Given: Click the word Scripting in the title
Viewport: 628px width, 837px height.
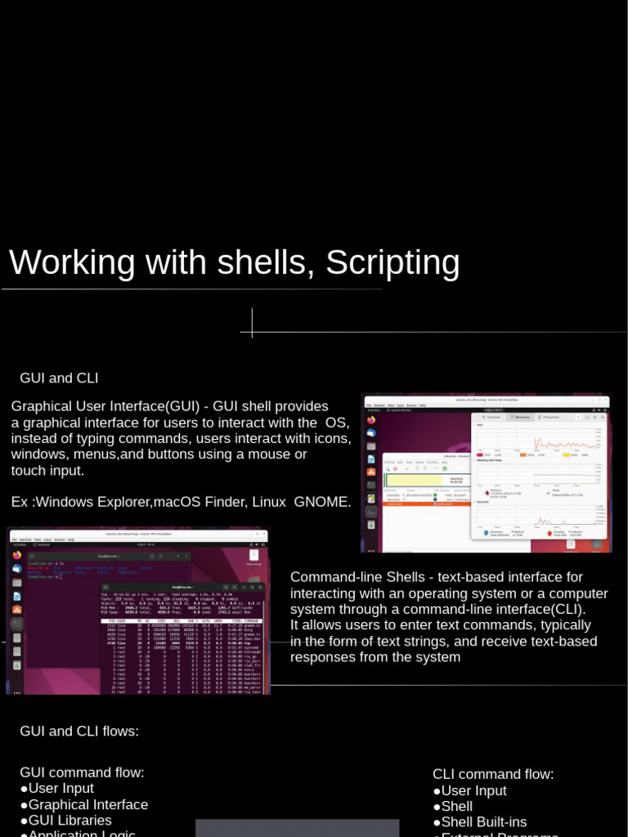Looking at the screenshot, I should point(392,263).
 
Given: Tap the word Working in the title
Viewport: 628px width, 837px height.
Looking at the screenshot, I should point(71,263).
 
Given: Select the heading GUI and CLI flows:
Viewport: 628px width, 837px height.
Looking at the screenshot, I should point(79,731).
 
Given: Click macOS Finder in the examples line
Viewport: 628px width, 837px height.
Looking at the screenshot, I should point(195,502).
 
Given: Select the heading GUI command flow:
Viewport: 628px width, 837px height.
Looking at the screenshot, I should point(82,772).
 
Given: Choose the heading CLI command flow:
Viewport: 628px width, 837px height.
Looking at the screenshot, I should point(493,774).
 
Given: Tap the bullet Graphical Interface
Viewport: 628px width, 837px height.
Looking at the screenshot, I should point(87,804).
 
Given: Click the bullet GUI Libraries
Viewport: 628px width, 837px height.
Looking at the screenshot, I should point(70,820).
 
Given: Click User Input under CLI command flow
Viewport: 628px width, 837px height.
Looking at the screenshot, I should point(473,790).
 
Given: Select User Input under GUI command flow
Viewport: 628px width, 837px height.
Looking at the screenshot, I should point(61,788).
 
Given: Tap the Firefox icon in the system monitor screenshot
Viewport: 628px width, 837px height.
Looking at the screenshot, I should point(370,419).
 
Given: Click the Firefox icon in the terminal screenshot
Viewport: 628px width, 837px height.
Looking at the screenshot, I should point(16,555).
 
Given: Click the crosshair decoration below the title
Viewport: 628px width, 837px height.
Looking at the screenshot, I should point(252,324).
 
